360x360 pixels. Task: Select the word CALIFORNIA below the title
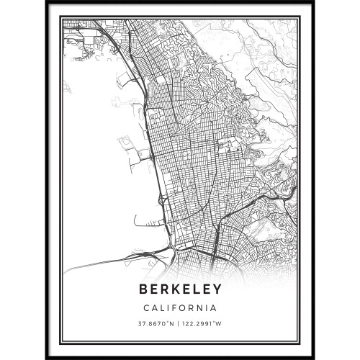pos(179,305)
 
